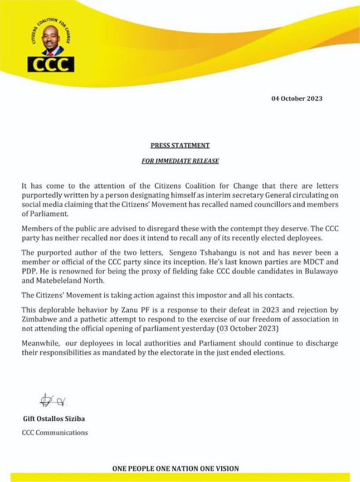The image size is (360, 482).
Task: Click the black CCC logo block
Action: click(x=51, y=64)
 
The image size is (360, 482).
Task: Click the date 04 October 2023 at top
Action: click(x=297, y=98)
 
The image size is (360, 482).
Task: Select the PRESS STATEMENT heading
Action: click(x=180, y=146)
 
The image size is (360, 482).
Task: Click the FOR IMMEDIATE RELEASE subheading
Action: click(x=180, y=161)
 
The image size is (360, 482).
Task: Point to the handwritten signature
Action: click(x=52, y=400)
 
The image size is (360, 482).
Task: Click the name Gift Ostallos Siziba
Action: click(x=53, y=419)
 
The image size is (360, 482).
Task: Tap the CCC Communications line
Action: click(x=55, y=433)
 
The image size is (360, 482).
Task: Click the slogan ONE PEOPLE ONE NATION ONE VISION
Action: click(x=175, y=468)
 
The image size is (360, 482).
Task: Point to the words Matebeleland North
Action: click(x=63, y=281)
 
